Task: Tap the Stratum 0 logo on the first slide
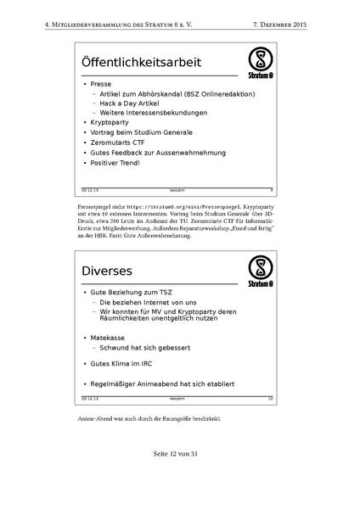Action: tap(260, 62)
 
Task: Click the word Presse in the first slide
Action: tap(101, 85)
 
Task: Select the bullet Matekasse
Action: tap(111, 338)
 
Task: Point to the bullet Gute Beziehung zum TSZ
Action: tap(132, 292)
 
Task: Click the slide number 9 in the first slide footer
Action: tap(271, 189)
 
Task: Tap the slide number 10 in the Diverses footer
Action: tap(270, 397)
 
